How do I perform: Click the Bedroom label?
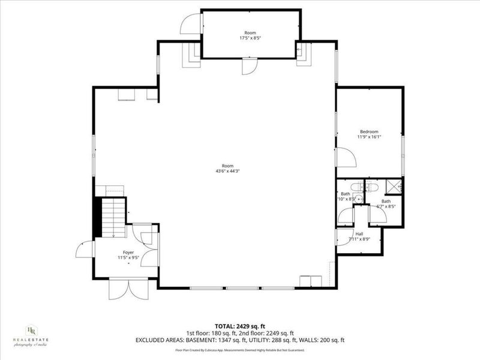point(369,131)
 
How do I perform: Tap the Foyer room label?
point(128,253)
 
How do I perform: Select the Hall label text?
point(359,233)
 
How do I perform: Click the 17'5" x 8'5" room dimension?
point(250,38)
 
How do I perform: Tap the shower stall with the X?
point(394,187)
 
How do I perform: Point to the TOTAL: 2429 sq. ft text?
point(239,326)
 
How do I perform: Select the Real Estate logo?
point(31,337)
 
